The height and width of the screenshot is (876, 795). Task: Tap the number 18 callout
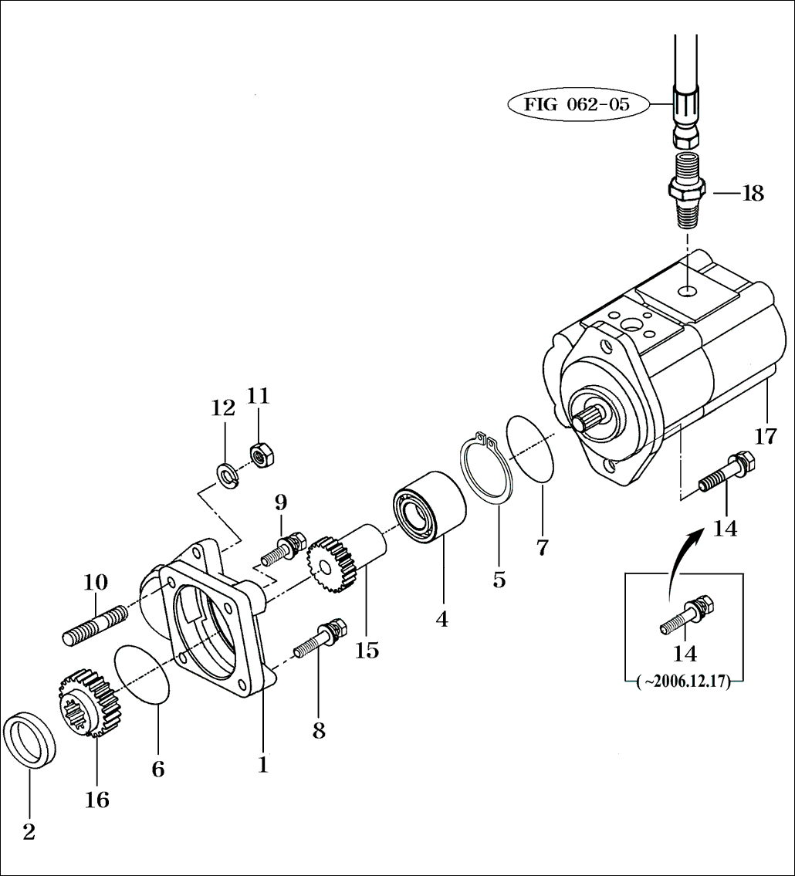coord(753,193)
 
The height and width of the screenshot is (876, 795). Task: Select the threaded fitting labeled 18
coord(687,190)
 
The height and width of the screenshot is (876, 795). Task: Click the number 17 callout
coord(766,435)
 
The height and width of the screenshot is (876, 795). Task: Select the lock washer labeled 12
coord(228,476)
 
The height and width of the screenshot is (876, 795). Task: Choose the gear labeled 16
coord(90,702)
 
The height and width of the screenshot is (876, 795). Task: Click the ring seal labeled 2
coord(30,742)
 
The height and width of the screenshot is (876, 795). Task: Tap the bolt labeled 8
coord(319,639)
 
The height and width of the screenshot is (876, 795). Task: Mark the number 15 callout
coord(367,650)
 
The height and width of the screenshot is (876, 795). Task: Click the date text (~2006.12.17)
coord(684,682)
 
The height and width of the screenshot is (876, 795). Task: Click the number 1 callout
coord(262,764)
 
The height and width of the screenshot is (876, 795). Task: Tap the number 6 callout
coord(158,769)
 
